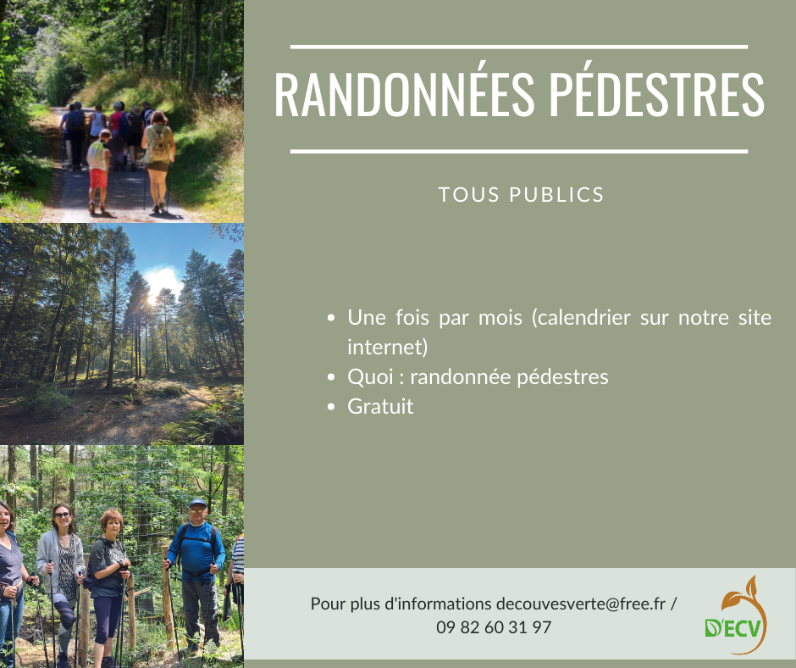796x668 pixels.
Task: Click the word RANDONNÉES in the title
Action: (404, 95)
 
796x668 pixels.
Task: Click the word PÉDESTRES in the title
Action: (657, 95)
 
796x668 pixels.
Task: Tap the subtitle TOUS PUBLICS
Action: (521, 195)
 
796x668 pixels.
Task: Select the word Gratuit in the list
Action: (380, 407)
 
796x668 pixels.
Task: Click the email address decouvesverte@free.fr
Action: (581, 604)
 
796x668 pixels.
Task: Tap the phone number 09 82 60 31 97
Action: (494, 627)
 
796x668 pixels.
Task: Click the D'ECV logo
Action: (736, 615)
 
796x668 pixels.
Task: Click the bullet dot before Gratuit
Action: (331, 407)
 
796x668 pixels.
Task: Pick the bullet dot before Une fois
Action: (331, 318)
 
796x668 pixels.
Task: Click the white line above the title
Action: (519, 47)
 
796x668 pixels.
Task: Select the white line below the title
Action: (519, 152)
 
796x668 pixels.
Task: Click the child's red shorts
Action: (98, 178)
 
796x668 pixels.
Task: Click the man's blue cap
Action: (197, 504)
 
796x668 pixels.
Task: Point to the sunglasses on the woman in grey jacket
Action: (62, 515)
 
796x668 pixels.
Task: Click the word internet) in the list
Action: (388, 348)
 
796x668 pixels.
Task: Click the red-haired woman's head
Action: (112, 524)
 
